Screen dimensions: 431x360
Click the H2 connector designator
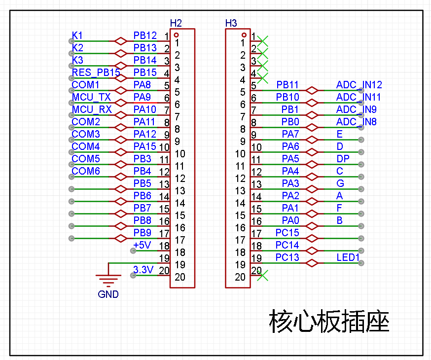(x=176, y=23)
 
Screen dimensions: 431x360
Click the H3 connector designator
(x=231, y=23)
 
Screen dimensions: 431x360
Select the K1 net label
(x=77, y=36)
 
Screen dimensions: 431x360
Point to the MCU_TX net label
(x=91, y=97)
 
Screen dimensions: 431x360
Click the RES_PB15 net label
(x=96, y=72)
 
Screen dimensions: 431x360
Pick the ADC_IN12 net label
(x=359, y=85)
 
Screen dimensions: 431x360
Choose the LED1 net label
(x=348, y=257)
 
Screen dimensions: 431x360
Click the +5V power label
(x=142, y=245)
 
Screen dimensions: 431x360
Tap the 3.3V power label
(x=143, y=270)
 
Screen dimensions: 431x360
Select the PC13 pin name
(x=287, y=257)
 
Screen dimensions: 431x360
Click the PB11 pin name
(x=287, y=85)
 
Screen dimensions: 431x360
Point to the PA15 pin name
(x=144, y=146)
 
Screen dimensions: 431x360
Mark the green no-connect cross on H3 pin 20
(x=262, y=275)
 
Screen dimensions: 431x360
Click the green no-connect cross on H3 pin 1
(x=262, y=41)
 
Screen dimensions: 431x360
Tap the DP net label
(x=343, y=159)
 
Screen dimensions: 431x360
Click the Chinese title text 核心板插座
(x=329, y=321)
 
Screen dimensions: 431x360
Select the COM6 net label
(x=85, y=171)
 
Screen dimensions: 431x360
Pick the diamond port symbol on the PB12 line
(x=121, y=41)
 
